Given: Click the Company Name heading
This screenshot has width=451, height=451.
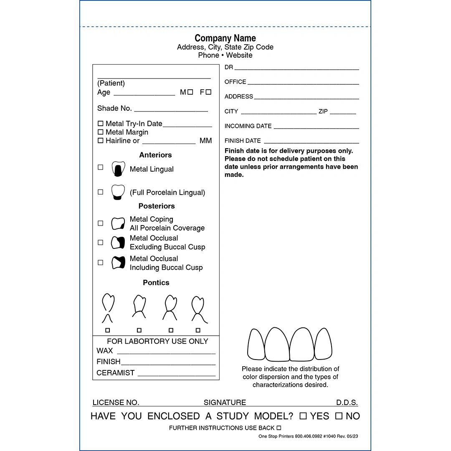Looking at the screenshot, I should pos(225,38).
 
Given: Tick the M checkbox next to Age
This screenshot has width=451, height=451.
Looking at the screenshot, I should pos(190,92).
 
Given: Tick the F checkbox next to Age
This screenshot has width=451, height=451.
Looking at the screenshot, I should pos(208,92).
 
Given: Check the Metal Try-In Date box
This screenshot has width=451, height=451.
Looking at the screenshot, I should pos(100,124).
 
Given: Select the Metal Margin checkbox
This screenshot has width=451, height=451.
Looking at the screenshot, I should pos(100,132).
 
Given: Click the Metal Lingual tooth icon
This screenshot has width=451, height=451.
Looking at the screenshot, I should pos(118,168).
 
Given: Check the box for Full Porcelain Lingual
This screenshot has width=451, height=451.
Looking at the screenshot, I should pos(100,192).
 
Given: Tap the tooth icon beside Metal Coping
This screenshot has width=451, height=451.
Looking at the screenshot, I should pos(118,223).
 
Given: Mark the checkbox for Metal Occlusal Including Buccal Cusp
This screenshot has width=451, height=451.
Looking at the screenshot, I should pos(100,263).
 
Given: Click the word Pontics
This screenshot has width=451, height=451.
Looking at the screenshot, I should pos(156,283).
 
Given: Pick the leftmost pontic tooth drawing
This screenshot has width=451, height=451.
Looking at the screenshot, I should pos(108,308).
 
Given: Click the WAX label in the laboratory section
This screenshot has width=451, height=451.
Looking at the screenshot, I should pos(104,351).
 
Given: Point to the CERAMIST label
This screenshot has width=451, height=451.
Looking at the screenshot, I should pos(115,373).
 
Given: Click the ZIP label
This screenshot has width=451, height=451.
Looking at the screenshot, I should pos(323,111).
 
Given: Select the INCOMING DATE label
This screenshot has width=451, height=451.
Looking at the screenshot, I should pos(248,126).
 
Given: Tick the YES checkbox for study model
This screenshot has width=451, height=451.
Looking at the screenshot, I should pos(303,416).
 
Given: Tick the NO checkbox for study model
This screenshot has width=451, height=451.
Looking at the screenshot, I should pos(339,416).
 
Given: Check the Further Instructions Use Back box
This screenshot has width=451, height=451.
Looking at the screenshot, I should pos(279,428).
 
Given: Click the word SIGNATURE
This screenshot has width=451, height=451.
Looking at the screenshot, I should pos(225,403).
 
